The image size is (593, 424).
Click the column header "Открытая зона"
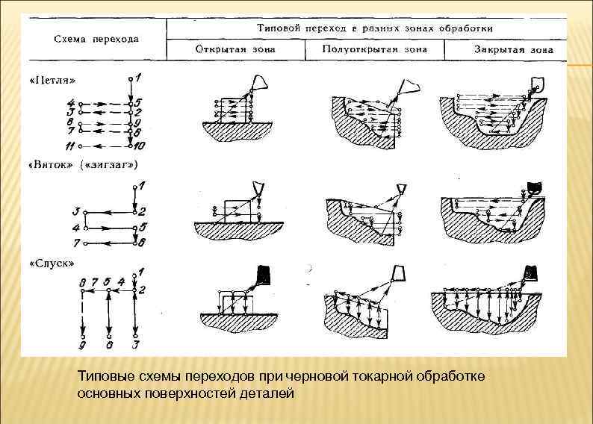tap(235, 50)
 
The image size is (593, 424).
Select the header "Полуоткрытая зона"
tap(374, 49)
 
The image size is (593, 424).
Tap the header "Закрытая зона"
tap(513, 51)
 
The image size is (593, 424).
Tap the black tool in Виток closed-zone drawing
tap(533, 186)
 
